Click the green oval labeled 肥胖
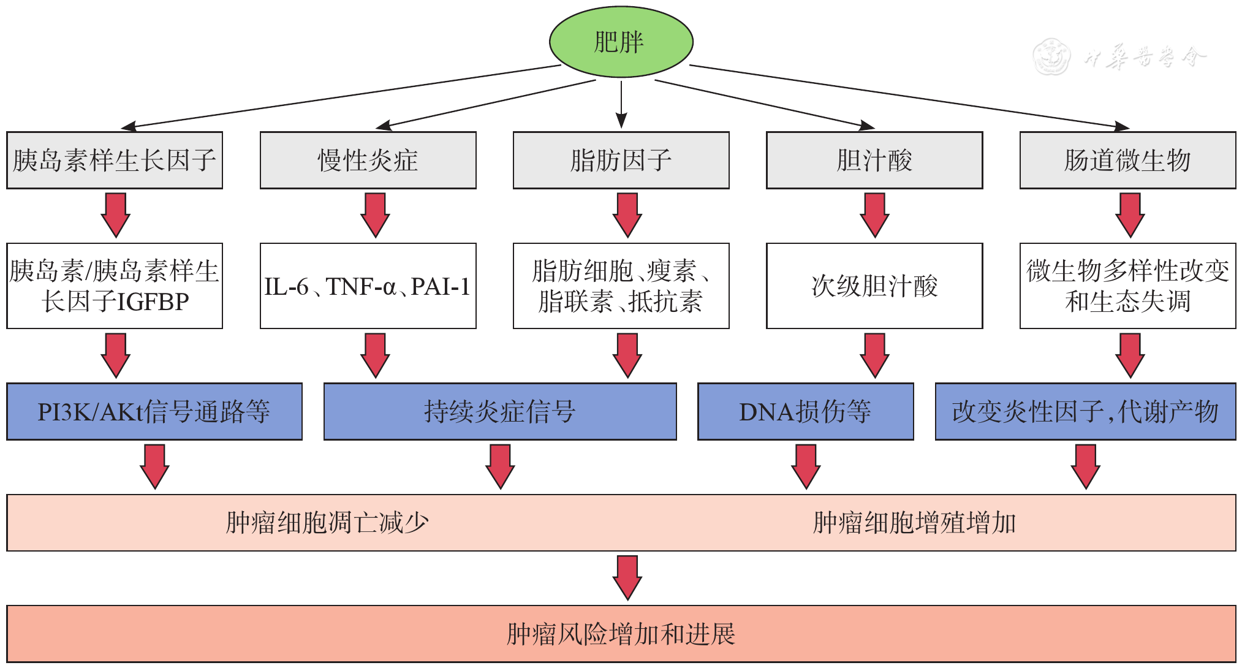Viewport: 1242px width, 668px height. (x=621, y=42)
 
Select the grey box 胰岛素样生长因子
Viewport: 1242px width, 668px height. (x=115, y=160)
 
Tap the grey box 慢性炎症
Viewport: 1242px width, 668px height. (x=368, y=160)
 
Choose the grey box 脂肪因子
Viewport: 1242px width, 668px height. (x=621, y=160)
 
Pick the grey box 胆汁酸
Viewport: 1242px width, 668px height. (x=874, y=160)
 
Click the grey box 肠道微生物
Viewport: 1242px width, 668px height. (x=1127, y=160)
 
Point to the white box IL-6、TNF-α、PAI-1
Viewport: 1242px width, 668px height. (x=368, y=286)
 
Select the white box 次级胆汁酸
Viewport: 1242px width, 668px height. (x=874, y=286)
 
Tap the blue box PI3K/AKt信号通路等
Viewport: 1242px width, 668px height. (x=154, y=411)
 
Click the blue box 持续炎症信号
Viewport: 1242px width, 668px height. (x=500, y=411)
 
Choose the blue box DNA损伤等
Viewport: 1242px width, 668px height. (x=805, y=411)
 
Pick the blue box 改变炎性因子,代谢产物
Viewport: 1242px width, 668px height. (x=1085, y=411)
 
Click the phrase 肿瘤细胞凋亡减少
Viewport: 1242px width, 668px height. (x=327, y=523)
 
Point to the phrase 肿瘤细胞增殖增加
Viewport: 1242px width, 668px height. (x=914, y=523)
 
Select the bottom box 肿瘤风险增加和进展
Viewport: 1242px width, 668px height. (x=621, y=634)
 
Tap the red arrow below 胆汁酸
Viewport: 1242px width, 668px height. (x=874, y=215)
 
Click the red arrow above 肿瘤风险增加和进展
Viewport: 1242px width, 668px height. (x=627, y=577)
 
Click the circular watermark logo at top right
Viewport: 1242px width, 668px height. (x=1051, y=57)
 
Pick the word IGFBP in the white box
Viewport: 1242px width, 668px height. (x=153, y=302)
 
